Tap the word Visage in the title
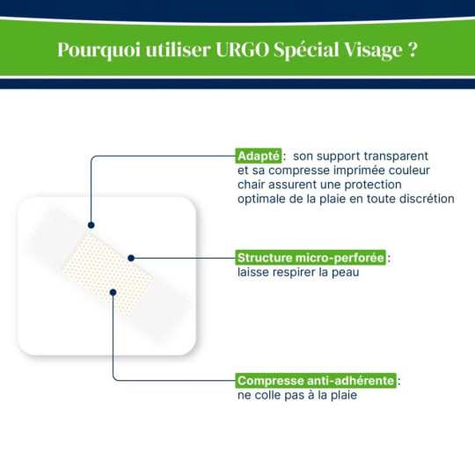[370, 49]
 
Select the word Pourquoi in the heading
[95, 49]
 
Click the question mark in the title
[412, 49]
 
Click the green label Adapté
[258, 156]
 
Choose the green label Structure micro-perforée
[311, 258]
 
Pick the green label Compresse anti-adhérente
[316, 381]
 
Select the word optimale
[261, 198]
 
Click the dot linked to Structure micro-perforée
[131, 258]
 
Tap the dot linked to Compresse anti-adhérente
[113, 291]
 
